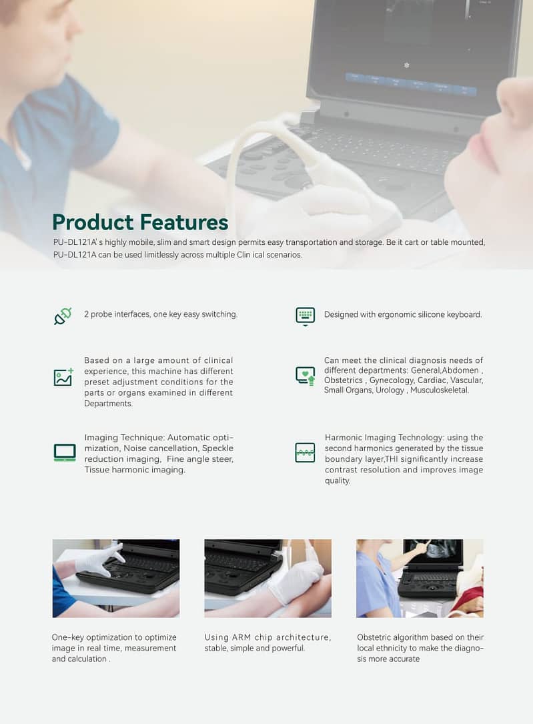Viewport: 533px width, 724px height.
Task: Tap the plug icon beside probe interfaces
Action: (63, 316)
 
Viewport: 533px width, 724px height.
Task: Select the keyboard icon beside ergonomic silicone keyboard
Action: (305, 316)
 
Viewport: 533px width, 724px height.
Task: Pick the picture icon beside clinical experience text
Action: (63, 377)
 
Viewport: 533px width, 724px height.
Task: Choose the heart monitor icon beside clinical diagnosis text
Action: (305, 376)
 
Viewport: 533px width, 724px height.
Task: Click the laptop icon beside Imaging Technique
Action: (65, 452)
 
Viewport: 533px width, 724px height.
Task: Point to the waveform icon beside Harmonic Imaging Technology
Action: (305, 452)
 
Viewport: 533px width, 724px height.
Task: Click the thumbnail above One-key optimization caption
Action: (116, 578)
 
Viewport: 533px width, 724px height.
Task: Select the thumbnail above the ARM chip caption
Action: (268, 578)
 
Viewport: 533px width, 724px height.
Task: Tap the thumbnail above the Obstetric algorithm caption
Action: (420, 578)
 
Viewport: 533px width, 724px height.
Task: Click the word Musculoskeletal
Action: (440, 390)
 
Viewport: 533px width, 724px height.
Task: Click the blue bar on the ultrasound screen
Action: (411, 83)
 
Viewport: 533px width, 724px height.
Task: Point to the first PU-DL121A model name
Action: (77, 242)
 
